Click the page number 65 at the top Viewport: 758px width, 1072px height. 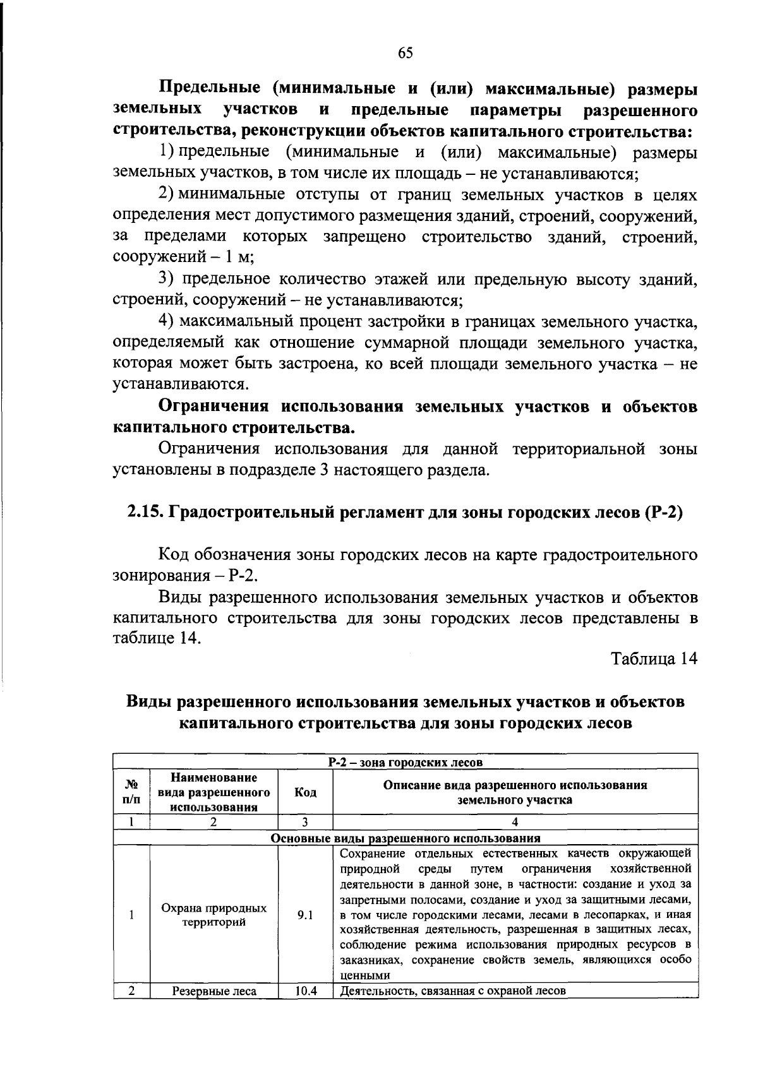click(405, 53)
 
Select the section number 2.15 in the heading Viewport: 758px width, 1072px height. click(145, 513)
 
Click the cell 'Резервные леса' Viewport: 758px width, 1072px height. click(214, 991)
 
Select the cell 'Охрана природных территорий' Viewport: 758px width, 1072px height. click(214, 915)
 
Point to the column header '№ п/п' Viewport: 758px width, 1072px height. click(131, 792)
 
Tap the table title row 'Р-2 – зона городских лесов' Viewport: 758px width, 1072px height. click(405, 762)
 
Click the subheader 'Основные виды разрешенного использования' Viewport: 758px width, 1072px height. click(405, 838)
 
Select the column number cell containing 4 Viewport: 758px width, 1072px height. click(515, 822)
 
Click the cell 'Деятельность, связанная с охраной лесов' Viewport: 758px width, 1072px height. click(452, 991)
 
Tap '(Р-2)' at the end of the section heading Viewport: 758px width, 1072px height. click(663, 513)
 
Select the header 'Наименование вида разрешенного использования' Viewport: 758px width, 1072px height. click(214, 792)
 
